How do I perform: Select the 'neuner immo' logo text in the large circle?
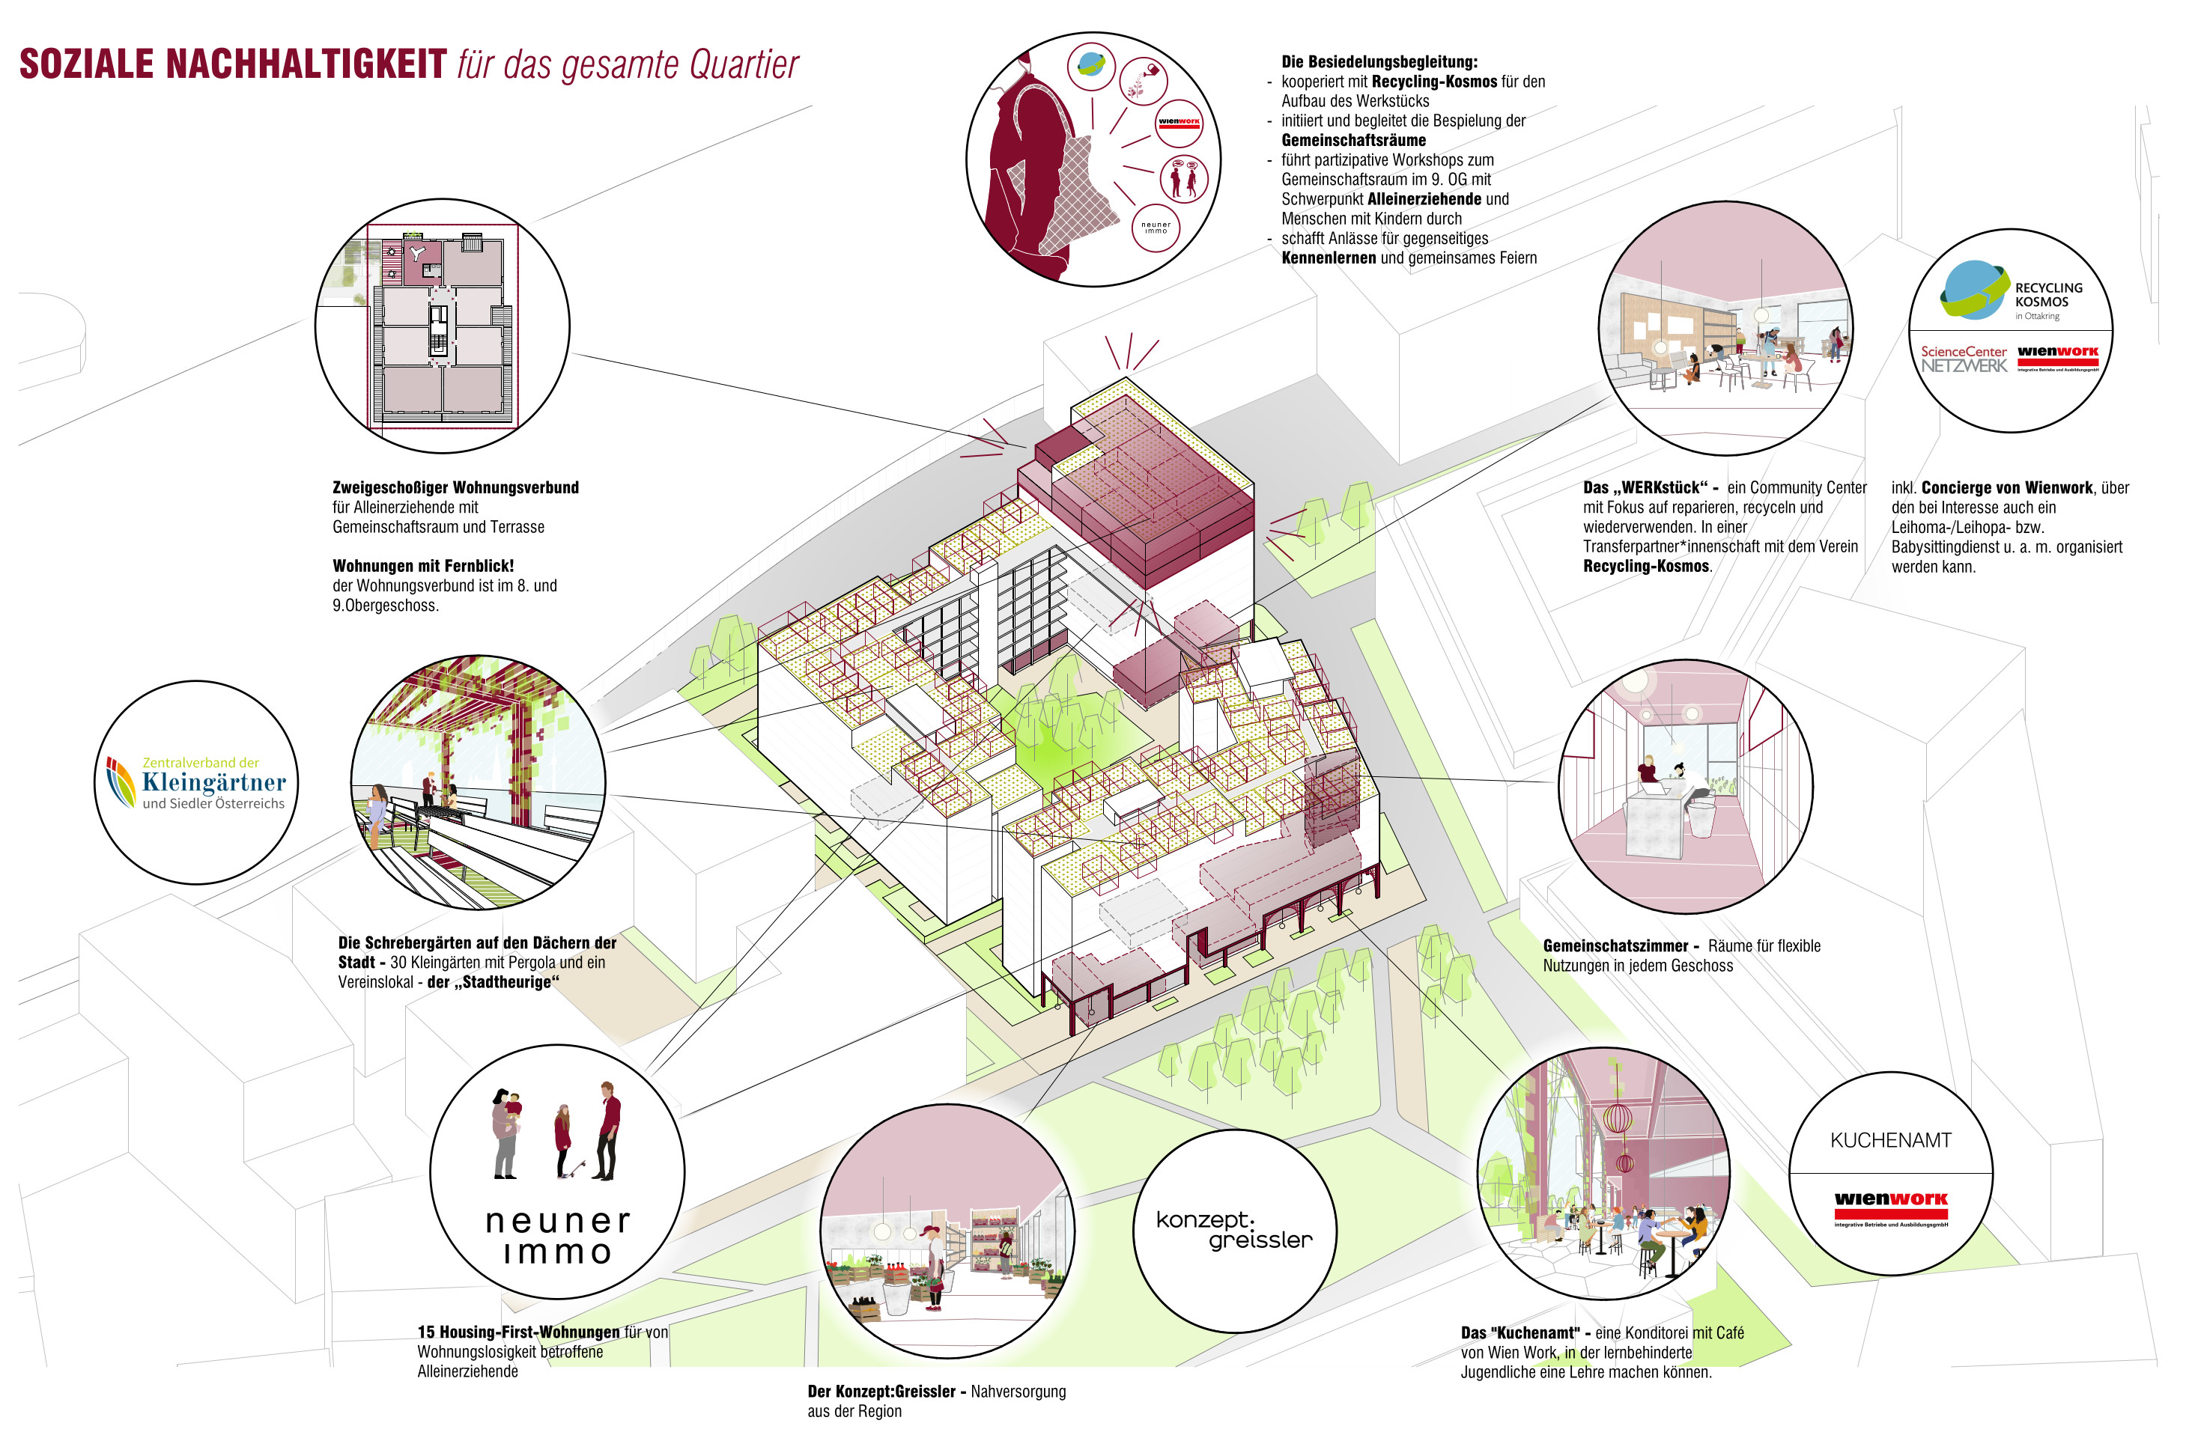pos(557,1236)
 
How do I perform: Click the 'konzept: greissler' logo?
pos(1233,1230)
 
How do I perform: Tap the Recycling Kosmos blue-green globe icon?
pos(1973,290)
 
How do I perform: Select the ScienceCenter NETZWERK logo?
pos(1964,359)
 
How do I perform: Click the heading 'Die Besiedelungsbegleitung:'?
pos(1379,62)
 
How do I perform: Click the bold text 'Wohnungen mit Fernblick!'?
pos(423,566)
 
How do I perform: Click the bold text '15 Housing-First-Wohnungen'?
pos(518,1332)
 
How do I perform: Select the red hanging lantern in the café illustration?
pos(1617,1118)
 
